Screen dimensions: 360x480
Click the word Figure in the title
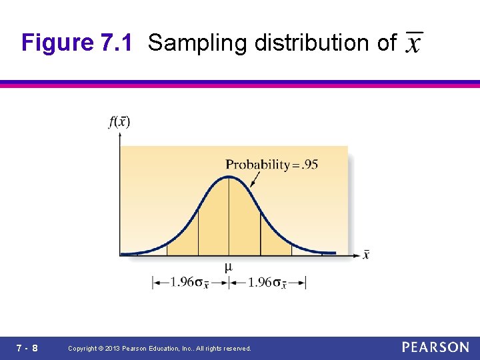(58, 43)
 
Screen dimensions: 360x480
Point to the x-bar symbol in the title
(414, 44)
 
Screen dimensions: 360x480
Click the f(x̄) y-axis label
(119, 121)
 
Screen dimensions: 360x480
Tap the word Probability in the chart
(257, 165)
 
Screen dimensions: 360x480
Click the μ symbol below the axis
(229, 267)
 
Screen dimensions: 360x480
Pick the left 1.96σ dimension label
(190, 283)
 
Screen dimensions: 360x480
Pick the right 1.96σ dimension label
(267, 283)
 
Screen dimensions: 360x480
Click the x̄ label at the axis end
(366, 254)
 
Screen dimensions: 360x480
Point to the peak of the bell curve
(229, 177)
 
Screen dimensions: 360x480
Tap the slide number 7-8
(27, 348)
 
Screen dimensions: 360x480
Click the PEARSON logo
(435, 347)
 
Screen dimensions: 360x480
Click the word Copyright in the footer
(83, 349)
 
